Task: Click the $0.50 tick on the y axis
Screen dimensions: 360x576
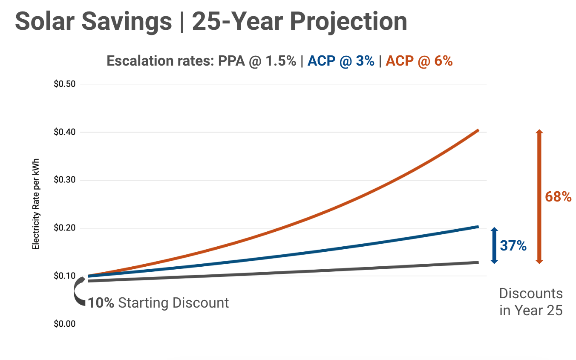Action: click(x=64, y=84)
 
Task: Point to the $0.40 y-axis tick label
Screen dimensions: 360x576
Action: click(x=64, y=132)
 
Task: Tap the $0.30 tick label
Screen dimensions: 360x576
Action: click(x=64, y=180)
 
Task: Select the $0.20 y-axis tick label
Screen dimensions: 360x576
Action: click(x=64, y=228)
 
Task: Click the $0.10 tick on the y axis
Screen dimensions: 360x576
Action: click(x=64, y=276)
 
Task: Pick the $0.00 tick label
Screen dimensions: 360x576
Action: click(x=64, y=324)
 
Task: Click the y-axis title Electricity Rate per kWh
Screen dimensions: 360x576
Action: click(x=36, y=204)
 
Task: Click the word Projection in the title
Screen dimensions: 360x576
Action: click(x=348, y=21)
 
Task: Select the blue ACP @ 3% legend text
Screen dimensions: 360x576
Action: click(x=341, y=61)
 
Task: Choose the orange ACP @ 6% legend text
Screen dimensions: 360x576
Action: click(x=419, y=61)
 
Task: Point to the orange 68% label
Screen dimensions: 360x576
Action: click(x=558, y=196)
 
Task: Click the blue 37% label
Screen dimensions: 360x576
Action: click(x=513, y=246)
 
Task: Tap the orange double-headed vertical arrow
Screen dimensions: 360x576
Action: click(x=539, y=196)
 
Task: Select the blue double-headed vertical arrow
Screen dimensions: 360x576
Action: click(x=494, y=246)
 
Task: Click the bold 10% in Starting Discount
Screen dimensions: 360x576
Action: click(x=101, y=303)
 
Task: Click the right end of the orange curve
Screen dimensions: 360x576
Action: click(x=478, y=130)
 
